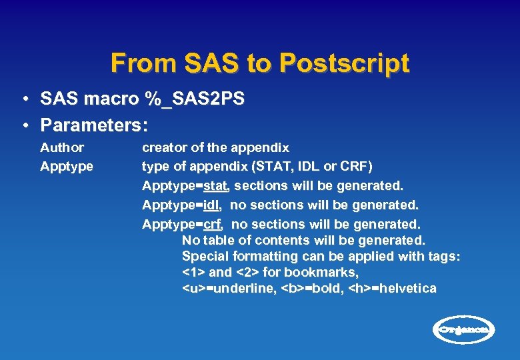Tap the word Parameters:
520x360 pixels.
click(93, 125)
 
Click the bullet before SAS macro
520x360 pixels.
click(24, 99)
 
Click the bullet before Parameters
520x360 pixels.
click(24, 125)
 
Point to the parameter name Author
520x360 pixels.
click(62, 147)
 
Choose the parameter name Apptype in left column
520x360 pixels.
click(67, 166)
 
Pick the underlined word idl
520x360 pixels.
click(212, 205)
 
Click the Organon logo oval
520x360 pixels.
click(465, 329)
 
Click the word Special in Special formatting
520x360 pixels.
click(206, 256)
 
